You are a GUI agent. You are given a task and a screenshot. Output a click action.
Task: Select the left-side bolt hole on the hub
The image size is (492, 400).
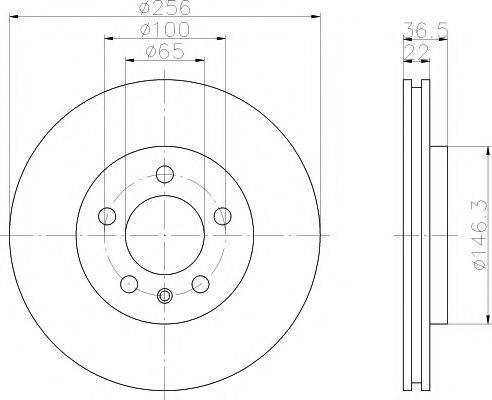click(x=106, y=215)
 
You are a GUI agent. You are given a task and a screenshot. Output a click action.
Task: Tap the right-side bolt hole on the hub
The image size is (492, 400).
click(x=224, y=215)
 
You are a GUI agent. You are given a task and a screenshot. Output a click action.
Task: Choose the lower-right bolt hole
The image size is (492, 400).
click(x=200, y=283)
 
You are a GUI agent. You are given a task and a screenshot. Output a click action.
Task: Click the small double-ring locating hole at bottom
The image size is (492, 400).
click(x=165, y=295)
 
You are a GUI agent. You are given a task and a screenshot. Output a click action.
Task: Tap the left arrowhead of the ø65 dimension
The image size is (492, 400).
click(x=128, y=61)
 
